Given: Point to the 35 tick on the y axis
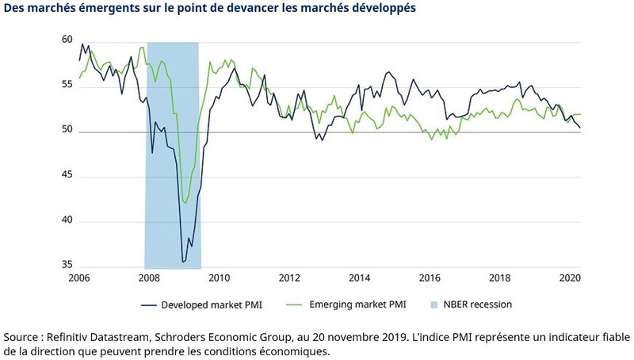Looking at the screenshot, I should pyautogui.click(x=67, y=266).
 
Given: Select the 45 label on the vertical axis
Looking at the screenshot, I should pyautogui.click(x=67, y=176).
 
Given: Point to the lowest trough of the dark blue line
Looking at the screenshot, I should pyautogui.click(x=184, y=261).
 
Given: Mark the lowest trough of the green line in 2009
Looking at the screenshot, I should pyautogui.click(x=185, y=203).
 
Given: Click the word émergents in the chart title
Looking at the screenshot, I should pyautogui.click(x=102, y=10).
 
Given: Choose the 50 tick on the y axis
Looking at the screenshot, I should pyautogui.click(x=67, y=132).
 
